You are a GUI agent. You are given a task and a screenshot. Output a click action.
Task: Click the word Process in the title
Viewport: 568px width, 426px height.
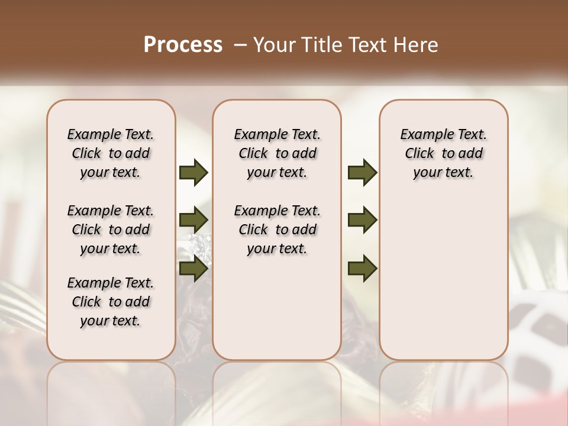coord(183,45)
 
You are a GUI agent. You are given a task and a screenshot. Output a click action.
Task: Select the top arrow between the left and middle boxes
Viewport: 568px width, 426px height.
coord(193,173)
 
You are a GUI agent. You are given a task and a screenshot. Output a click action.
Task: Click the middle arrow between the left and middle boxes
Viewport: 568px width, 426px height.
coord(193,221)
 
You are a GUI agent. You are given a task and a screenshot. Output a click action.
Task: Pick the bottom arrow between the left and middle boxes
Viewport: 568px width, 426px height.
coord(193,268)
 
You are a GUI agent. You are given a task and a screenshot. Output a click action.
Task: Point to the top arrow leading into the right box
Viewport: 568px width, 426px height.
coord(362,173)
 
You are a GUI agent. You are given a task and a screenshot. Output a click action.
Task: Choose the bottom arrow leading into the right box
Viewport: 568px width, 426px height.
coord(362,268)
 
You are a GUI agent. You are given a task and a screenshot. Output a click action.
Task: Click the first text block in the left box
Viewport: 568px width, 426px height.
coord(111,153)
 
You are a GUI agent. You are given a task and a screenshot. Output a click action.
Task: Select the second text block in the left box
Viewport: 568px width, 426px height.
coord(111,230)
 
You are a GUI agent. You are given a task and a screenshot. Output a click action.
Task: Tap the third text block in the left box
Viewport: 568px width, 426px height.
coord(111,302)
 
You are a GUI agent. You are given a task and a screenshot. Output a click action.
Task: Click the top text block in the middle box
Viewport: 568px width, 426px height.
coord(277,153)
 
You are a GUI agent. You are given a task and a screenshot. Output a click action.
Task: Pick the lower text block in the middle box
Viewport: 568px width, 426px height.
coord(277,230)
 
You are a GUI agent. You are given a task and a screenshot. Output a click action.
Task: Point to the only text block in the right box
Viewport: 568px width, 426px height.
coord(443,153)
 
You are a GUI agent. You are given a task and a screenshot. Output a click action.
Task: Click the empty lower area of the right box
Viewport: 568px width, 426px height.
coord(443,278)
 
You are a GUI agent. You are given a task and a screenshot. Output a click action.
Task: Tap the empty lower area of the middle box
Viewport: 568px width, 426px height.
coord(277,308)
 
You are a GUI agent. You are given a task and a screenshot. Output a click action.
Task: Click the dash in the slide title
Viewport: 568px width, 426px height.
coord(240,45)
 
